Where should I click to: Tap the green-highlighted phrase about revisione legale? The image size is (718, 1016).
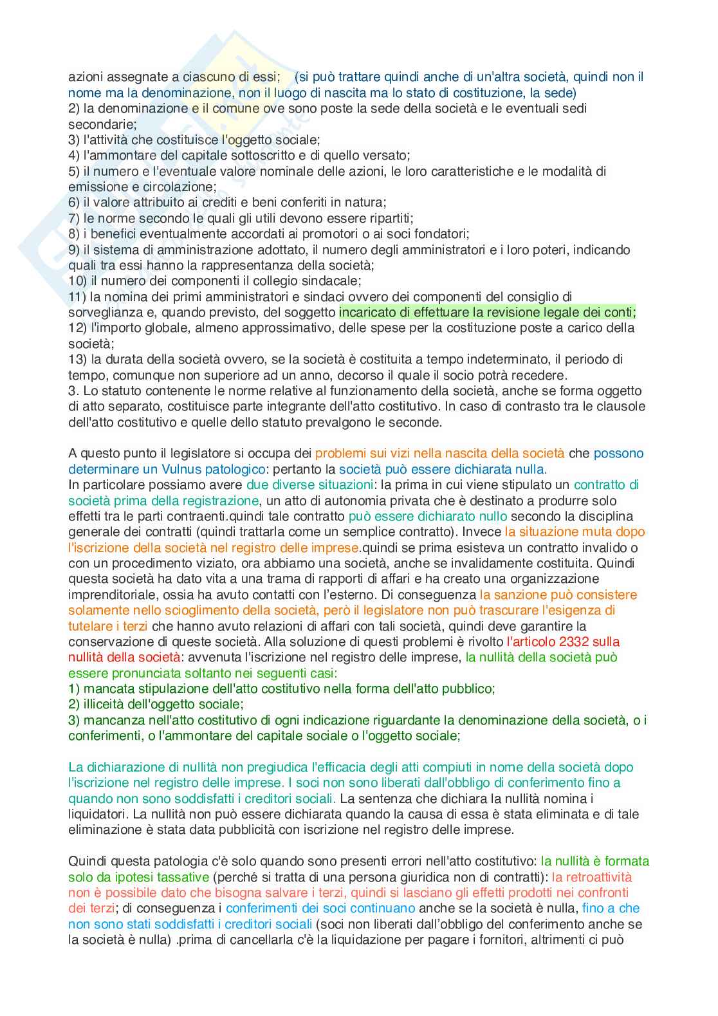click(487, 312)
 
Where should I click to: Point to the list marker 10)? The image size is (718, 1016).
click(78, 281)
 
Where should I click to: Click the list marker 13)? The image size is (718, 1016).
click(78, 359)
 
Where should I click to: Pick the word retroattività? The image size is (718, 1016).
click(592, 877)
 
